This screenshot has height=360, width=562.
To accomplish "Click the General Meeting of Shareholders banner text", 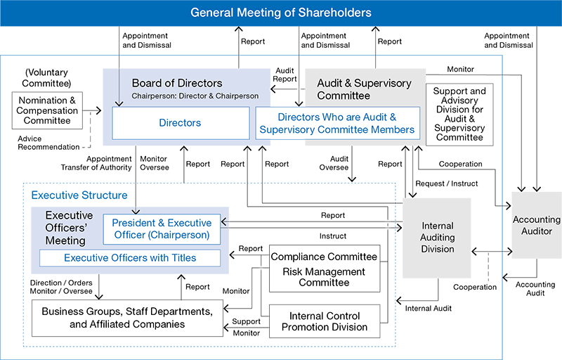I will [281, 13].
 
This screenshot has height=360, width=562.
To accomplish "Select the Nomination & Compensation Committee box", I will [48, 110].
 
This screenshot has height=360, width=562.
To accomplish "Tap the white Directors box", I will [180, 123].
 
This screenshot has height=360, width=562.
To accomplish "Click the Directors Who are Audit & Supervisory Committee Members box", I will [336, 123].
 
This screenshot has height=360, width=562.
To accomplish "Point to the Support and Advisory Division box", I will [459, 114].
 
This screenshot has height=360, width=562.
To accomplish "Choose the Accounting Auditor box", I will [537, 225].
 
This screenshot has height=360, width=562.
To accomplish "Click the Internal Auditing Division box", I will [436, 237].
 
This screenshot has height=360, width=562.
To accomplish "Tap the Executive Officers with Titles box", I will [130, 258].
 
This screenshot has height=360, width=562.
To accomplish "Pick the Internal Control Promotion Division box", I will [325, 321].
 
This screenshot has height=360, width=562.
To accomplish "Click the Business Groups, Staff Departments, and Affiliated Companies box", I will [126, 318].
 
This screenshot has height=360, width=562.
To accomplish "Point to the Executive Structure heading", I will [79, 195].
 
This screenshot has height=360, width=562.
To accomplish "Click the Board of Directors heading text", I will [177, 83].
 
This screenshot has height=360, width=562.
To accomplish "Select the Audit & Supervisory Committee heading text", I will [364, 89].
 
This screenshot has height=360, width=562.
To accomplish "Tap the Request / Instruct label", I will [447, 184].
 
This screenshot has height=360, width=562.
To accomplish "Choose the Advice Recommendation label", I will [48, 143].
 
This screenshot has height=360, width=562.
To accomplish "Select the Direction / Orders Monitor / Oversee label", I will [61, 286].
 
